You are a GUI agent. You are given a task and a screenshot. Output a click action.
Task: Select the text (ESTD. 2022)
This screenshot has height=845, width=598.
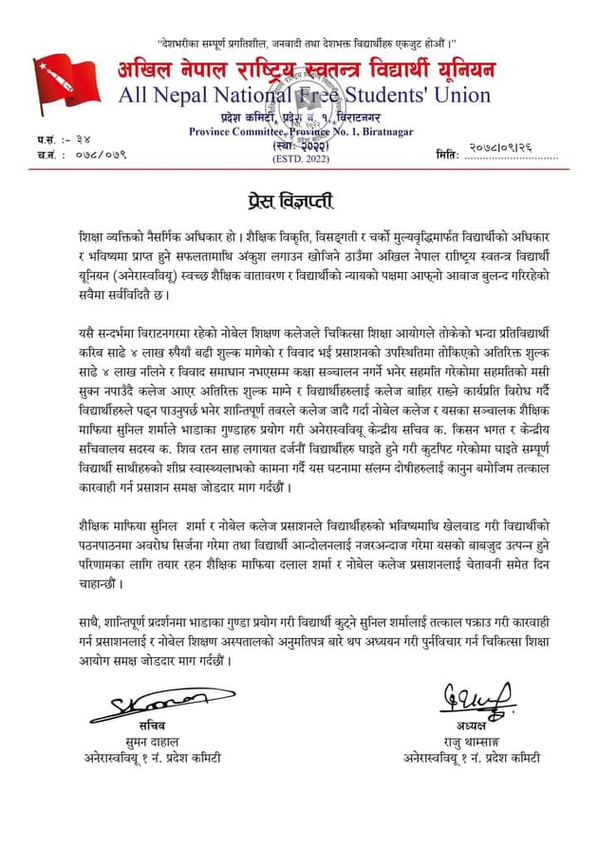tap(298, 157)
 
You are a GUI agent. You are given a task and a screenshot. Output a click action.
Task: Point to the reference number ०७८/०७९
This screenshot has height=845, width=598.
tap(99, 154)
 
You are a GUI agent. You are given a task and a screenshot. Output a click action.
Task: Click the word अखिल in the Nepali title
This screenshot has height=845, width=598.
tap(153, 70)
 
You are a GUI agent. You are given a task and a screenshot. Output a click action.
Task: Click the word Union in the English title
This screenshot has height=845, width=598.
tap(460, 95)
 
